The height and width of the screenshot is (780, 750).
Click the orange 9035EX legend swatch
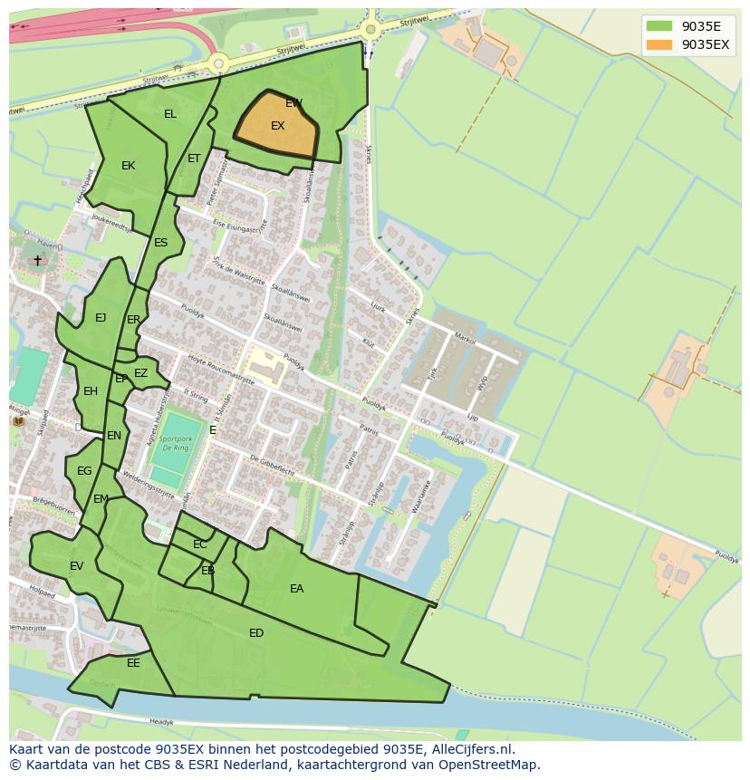659,44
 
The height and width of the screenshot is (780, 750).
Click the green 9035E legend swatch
659,26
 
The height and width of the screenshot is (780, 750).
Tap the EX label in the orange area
278,126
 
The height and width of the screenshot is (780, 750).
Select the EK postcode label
128,166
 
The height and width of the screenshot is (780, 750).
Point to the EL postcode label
170,114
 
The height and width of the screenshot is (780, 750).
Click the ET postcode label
194,159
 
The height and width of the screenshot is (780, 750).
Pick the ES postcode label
161,243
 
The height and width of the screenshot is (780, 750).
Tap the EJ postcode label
101,318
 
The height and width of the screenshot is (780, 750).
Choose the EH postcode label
91,391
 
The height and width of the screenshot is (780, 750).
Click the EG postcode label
84,471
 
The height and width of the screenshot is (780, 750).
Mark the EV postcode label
76,566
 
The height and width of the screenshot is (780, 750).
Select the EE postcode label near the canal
133,663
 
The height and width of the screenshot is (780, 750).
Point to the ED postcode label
256,633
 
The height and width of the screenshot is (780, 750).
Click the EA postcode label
296,589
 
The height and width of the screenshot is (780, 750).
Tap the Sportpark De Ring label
177,443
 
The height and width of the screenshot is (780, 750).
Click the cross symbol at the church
38,261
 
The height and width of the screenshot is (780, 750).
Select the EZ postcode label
140,373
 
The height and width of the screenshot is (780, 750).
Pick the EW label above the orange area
293,103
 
